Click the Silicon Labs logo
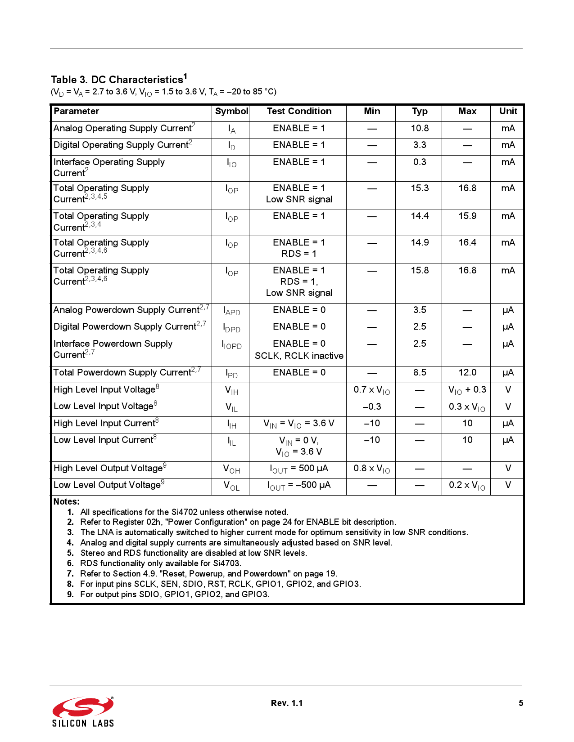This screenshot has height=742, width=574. (83, 711)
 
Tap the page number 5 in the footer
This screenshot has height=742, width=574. (520, 703)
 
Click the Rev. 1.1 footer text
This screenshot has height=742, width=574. (287, 703)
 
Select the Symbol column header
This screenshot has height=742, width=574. (231, 112)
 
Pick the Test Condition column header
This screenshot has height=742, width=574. (299, 112)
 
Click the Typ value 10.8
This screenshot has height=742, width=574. (420, 129)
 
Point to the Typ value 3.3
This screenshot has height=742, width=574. (420, 145)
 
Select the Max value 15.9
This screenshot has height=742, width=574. (467, 216)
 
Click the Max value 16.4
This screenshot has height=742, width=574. (467, 243)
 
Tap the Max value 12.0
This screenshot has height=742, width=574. (467, 373)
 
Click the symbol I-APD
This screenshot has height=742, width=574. (231, 311)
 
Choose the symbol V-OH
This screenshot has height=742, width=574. (231, 469)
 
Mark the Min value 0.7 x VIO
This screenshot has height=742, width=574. (371, 390)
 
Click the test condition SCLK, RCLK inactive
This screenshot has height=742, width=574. (299, 356)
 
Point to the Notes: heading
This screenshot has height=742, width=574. (66, 501)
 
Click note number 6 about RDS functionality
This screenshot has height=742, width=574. (160, 563)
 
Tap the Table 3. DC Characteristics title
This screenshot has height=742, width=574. (118, 80)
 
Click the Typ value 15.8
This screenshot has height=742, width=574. (420, 271)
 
